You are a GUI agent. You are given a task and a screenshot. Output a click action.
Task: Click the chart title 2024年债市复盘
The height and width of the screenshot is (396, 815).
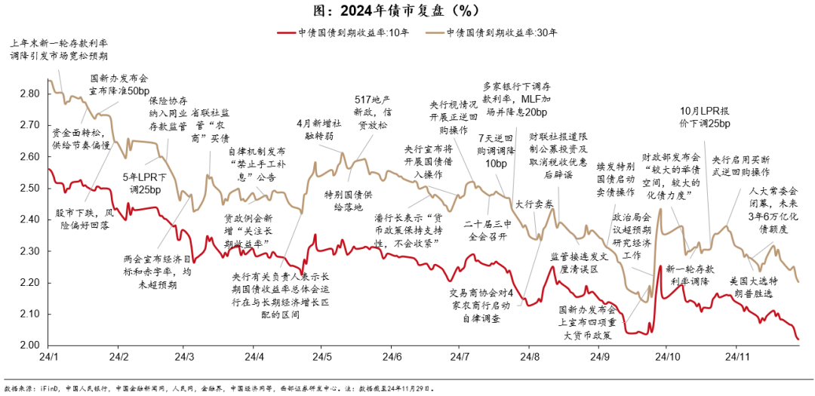pos(407,11)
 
